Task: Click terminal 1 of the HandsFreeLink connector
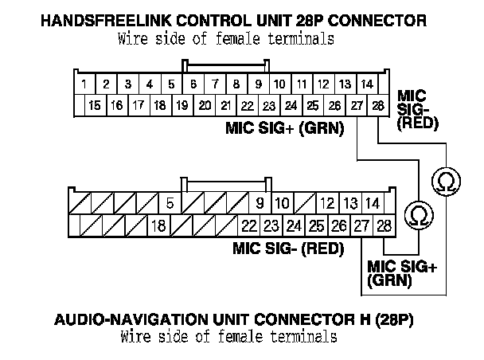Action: (83, 84)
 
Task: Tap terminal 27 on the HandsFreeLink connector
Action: (356, 105)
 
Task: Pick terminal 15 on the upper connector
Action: (95, 105)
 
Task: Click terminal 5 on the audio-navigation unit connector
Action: (170, 203)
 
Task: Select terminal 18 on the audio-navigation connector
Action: (158, 226)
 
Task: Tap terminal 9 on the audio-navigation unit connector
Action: (260, 203)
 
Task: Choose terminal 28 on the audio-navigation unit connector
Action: (384, 226)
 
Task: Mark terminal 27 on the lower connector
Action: (363, 226)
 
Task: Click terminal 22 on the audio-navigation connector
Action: (249, 226)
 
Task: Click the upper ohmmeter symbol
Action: (441, 182)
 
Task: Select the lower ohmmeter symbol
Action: (416, 213)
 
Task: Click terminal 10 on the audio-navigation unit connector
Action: (283, 203)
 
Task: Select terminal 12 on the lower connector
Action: (328, 203)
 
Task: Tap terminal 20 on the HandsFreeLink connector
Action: (204, 105)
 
